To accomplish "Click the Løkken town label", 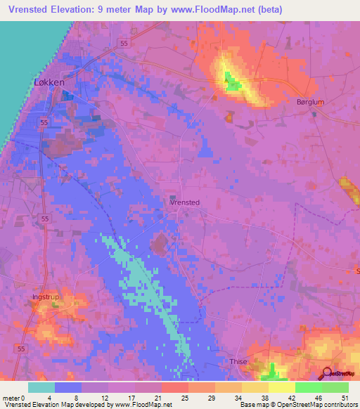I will pos(49,82).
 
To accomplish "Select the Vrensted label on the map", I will pos(185,202).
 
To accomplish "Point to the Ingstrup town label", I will pos(46,297).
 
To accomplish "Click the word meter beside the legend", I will pos(12,396).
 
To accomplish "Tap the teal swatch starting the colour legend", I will pos(41,387).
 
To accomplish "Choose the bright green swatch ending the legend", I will pos(335,387).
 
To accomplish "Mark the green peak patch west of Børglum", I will pos(232,86).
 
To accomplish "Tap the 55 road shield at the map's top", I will pos(124,43).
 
